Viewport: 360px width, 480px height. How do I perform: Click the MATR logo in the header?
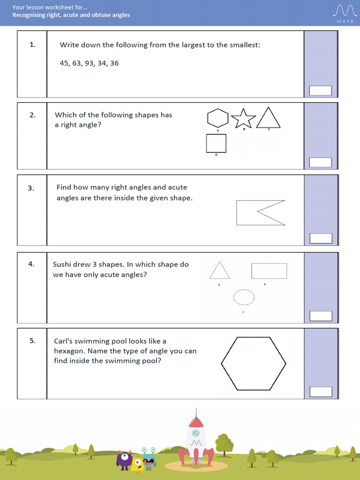(x=345, y=13)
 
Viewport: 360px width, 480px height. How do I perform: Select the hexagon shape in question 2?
(x=217, y=119)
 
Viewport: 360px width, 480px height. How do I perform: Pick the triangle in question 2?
(x=269, y=118)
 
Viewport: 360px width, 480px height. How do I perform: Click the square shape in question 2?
(x=216, y=143)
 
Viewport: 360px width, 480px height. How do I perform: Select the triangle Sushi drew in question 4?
(x=219, y=271)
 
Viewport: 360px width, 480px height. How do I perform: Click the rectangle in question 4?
(x=269, y=271)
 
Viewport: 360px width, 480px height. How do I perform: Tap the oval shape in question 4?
(x=244, y=297)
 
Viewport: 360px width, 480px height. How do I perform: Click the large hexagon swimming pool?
(x=254, y=363)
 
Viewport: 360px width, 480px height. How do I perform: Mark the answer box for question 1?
(x=321, y=90)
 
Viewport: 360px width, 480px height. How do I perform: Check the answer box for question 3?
(x=321, y=238)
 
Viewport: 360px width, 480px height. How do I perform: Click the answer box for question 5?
(x=321, y=392)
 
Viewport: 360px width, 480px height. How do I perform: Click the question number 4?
(x=31, y=264)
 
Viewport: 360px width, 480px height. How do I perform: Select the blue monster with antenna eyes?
(x=149, y=459)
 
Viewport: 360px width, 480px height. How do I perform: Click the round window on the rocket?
(x=196, y=432)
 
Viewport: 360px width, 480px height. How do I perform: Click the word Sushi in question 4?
(x=63, y=264)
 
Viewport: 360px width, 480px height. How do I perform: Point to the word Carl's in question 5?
(x=64, y=341)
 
